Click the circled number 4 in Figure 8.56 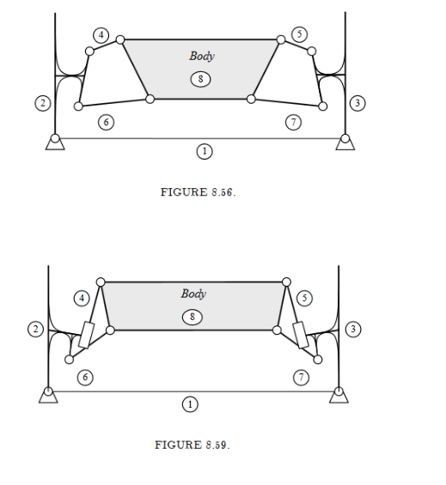[x=101, y=35]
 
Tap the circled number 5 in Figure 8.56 [x=300, y=34]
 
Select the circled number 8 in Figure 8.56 [x=200, y=79]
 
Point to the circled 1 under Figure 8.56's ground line [x=205, y=152]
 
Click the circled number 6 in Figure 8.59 [x=85, y=378]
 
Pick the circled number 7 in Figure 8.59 [x=301, y=378]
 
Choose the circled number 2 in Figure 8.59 [x=35, y=329]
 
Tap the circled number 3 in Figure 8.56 [x=357, y=103]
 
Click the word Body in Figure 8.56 [x=202, y=57]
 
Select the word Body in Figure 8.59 [x=193, y=294]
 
